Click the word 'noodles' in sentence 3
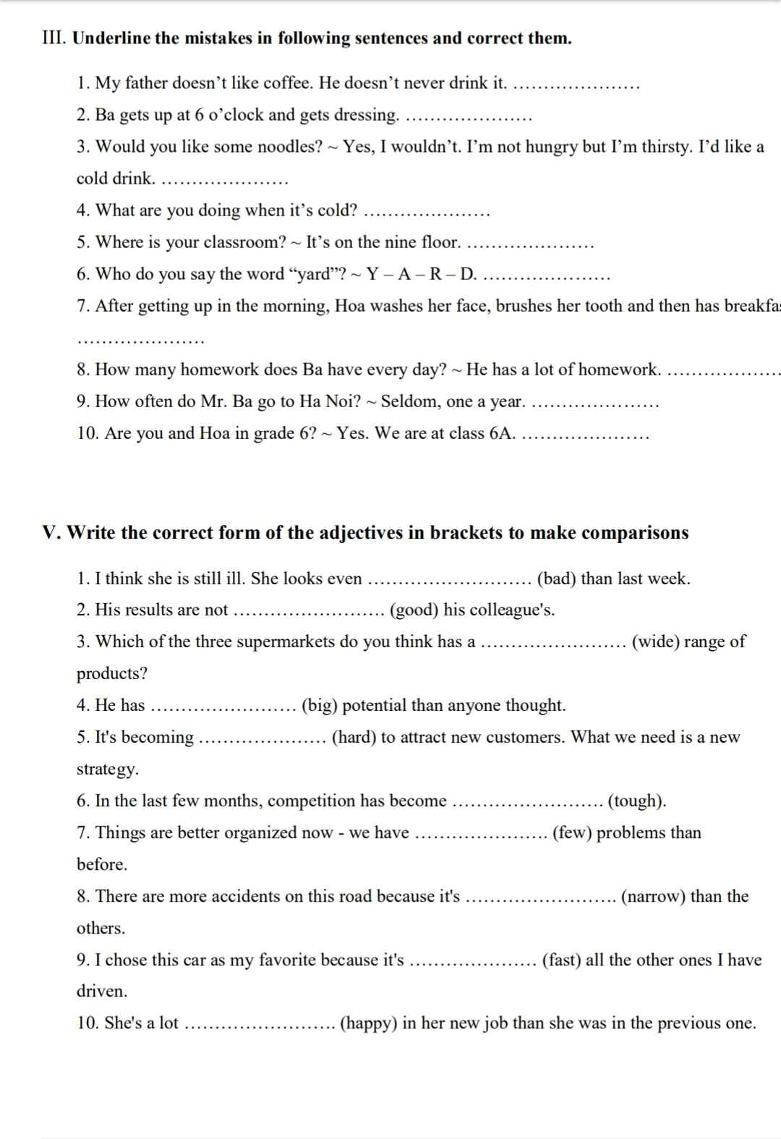pyautogui.click(x=290, y=147)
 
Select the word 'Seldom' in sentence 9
pyautogui.click(x=406, y=401)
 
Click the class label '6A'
pyautogui.click(x=501, y=433)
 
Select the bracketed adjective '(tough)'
pyautogui.click(x=636, y=801)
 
